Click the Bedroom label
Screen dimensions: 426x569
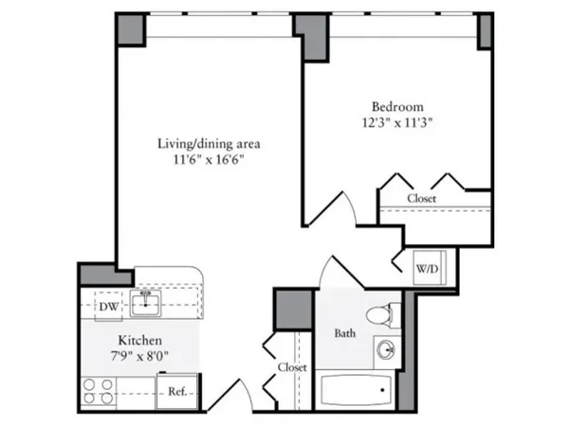click(x=397, y=106)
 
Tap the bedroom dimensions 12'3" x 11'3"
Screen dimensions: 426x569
click(x=397, y=123)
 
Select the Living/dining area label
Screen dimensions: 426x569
click(x=209, y=144)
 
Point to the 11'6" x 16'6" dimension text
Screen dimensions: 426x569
click(x=209, y=161)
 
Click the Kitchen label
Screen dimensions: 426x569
click(x=138, y=340)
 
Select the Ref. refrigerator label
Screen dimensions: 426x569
click(x=176, y=390)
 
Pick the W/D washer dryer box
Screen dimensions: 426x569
click(x=427, y=268)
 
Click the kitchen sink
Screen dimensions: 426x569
click(x=147, y=304)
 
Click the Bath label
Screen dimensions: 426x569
click(x=344, y=333)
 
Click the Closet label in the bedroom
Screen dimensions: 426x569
click(x=422, y=198)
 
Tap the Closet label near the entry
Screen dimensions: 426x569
click(x=290, y=366)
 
